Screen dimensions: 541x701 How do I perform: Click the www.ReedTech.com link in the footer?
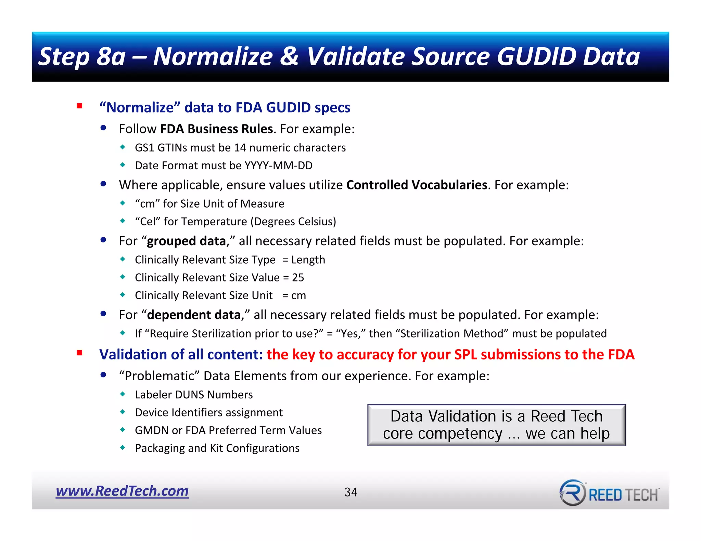(122, 491)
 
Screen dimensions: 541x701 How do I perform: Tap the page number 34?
(350, 492)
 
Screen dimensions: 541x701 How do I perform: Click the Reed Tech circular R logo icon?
(572, 493)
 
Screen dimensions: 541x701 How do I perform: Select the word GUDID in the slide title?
(537, 56)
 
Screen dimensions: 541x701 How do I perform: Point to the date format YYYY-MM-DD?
(278, 166)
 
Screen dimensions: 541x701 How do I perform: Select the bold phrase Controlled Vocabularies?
(417, 185)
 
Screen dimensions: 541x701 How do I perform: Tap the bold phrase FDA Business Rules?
(216, 129)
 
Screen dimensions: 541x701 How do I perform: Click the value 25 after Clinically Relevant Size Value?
(298, 277)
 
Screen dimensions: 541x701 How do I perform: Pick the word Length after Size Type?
(308, 260)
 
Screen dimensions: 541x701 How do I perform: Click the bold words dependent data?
(194, 315)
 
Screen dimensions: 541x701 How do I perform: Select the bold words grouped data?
(186, 241)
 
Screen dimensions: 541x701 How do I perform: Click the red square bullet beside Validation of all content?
(80, 353)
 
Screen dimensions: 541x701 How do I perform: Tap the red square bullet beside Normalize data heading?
(80, 106)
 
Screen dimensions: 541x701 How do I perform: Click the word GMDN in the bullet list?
(152, 430)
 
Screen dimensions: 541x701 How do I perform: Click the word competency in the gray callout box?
(460, 434)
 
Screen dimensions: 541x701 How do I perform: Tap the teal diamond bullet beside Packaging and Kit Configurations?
(123, 447)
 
